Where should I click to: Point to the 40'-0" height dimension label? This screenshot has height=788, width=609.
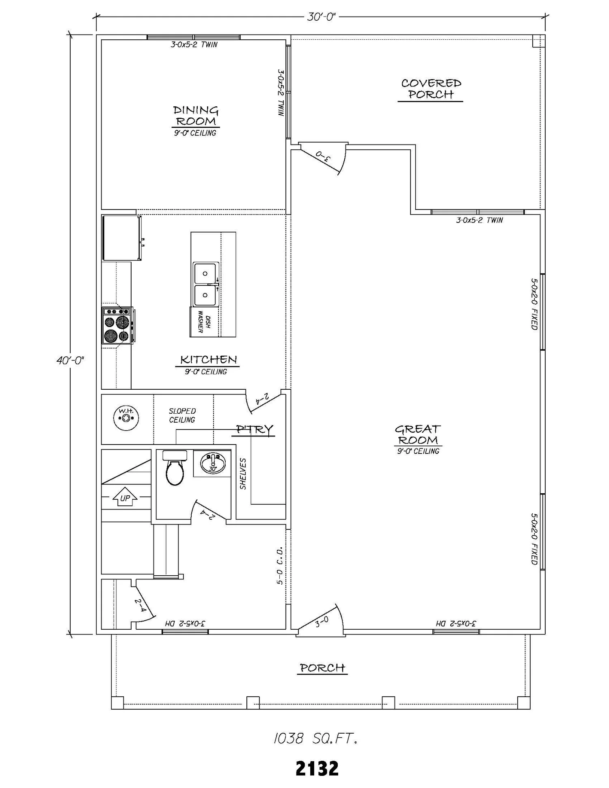coord(70,360)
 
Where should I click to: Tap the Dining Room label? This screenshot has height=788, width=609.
coord(196,116)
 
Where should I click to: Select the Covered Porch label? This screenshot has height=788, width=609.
coord(431,89)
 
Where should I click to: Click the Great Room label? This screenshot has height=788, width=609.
coord(418,434)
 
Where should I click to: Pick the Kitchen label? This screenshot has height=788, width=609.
coord(209,360)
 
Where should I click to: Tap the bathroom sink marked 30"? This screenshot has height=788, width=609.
coord(213,462)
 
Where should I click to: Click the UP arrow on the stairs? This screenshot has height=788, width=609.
coord(125,497)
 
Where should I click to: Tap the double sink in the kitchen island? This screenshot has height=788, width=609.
coord(205,284)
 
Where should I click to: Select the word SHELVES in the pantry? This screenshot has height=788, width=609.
coord(243,473)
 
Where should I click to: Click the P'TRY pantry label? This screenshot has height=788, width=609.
coord(255,429)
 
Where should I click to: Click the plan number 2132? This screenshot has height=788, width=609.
coord(317,768)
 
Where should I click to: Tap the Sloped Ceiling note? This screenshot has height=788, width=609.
coord(182,415)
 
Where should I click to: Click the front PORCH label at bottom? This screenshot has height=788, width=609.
coord(322,668)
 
